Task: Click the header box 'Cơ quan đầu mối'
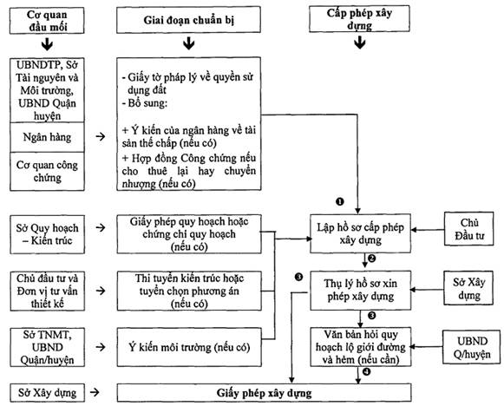(47, 21)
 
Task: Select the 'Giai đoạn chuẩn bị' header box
(189, 20)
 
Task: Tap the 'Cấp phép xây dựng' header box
(359, 18)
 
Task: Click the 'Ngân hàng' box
(47, 137)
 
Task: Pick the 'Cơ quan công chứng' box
(47, 172)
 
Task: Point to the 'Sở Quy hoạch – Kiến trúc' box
(47, 234)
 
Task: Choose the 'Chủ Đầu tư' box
(469, 229)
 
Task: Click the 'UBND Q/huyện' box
(472, 347)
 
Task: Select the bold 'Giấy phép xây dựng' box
(264, 392)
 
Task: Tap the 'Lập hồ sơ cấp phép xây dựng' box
(360, 233)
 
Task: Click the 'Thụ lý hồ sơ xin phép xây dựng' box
(360, 291)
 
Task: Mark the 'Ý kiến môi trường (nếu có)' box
(189, 347)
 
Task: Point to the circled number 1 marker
(340, 201)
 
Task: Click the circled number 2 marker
(371, 259)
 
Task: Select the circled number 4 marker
(366, 372)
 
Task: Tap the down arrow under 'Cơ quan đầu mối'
(47, 45)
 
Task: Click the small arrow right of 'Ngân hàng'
(101, 136)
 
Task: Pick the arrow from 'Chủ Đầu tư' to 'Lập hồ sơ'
(428, 230)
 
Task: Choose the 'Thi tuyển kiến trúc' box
(189, 291)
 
